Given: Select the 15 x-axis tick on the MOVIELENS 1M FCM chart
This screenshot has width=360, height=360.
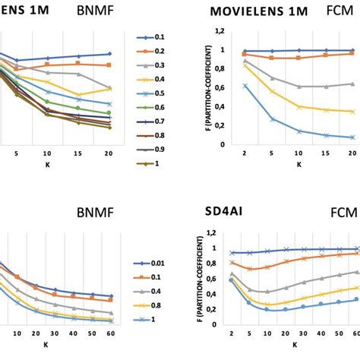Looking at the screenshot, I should [325, 153].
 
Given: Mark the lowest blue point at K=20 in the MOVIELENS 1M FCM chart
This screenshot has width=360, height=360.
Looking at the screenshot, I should [352, 137].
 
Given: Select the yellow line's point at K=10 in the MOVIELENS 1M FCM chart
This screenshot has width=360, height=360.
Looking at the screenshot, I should [299, 107].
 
